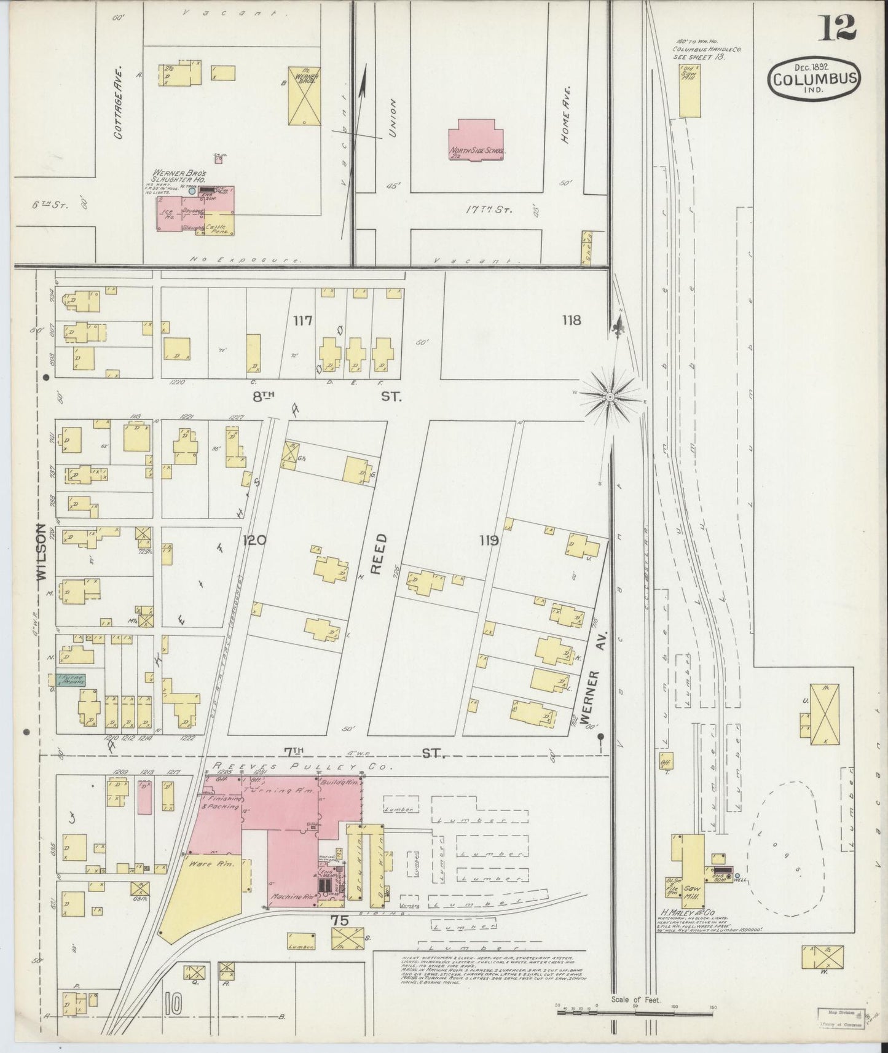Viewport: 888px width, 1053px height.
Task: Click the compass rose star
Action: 610,398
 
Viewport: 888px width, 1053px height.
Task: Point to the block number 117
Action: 303,320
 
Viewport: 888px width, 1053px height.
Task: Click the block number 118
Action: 571,319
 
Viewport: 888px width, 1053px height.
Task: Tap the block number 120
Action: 254,541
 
